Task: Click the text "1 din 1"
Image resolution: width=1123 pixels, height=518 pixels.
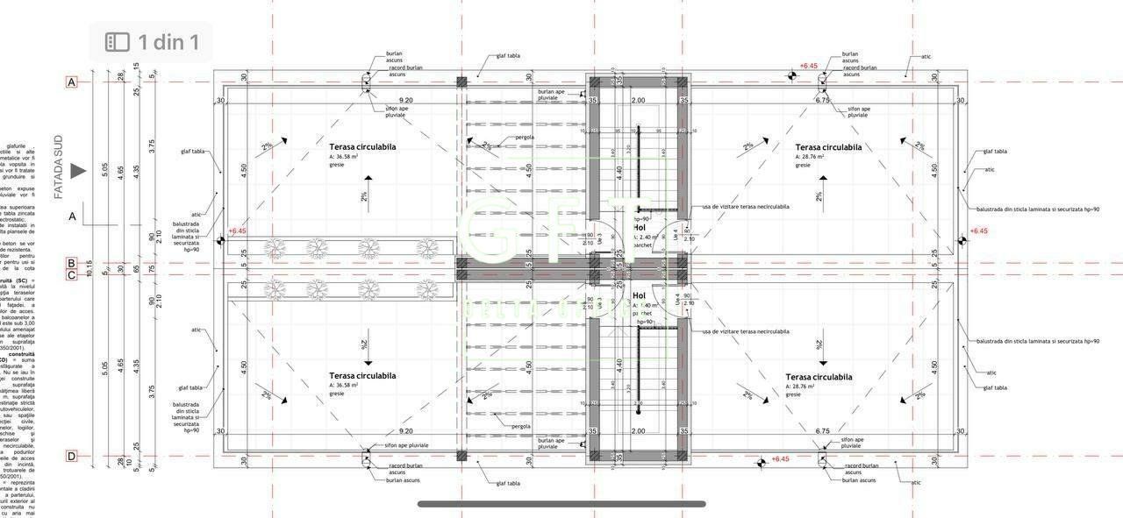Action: [168, 42]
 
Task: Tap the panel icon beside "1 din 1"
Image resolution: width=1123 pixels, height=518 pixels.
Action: [118, 42]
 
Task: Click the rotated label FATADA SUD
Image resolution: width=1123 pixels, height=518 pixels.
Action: [59, 167]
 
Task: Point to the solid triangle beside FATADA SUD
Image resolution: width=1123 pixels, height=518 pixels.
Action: [78, 171]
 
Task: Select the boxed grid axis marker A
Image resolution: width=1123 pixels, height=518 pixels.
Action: [72, 82]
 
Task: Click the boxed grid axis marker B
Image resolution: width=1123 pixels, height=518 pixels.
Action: [72, 262]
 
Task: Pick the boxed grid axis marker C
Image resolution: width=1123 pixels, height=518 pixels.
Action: [72, 275]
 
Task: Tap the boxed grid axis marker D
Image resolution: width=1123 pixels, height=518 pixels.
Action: [72, 456]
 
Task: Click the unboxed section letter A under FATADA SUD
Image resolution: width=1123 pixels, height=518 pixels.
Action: [72, 215]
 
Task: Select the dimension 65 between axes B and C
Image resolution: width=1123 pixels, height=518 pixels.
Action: [136, 268]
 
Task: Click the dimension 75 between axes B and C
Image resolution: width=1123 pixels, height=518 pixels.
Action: [153, 268]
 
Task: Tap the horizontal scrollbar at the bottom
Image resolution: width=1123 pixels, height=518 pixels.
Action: [561, 504]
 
